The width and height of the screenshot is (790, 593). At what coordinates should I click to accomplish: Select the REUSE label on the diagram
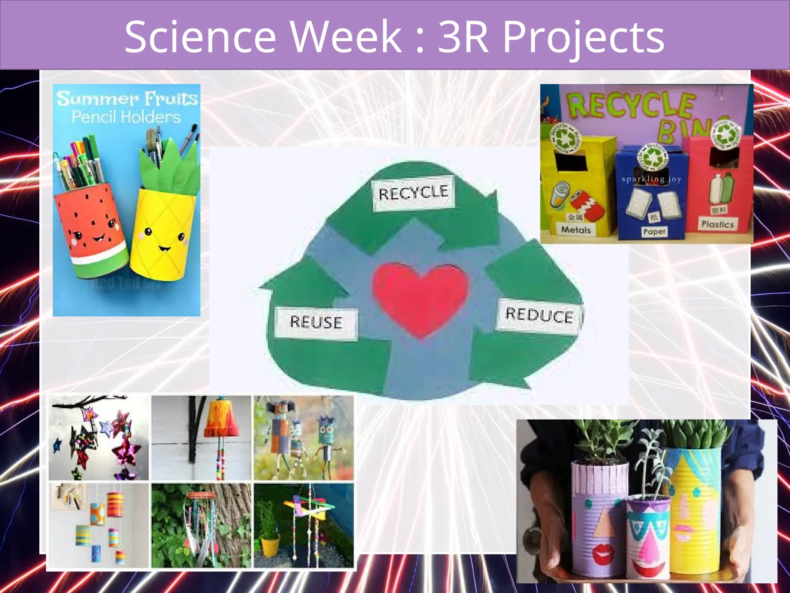click(x=316, y=322)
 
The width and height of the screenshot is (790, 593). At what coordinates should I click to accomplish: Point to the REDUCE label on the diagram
click(x=539, y=315)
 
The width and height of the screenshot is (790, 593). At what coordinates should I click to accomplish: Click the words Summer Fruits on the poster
click(x=127, y=98)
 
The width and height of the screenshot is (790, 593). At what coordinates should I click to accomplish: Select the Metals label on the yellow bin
click(x=576, y=230)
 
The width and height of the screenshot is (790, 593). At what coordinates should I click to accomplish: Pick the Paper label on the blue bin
click(x=654, y=232)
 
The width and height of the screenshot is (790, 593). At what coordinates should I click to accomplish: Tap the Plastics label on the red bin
click(x=717, y=224)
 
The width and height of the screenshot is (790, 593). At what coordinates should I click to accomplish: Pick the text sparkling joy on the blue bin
click(x=652, y=179)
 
